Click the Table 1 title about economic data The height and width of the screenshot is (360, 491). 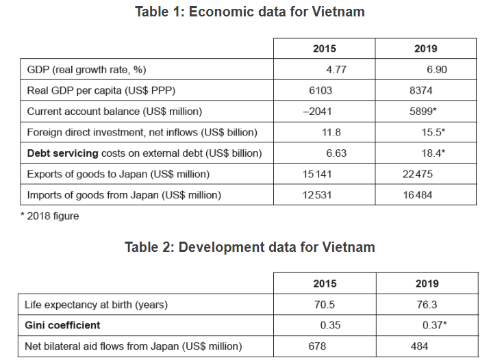click(250, 12)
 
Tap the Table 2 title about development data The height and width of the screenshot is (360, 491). click(250, 247)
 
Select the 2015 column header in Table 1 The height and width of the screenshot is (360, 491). click(325, 49)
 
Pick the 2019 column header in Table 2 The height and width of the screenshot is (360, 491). click(427, 283)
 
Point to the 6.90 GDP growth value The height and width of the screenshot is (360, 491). click(437, 70)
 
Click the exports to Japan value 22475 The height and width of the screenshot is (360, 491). click(418, 174)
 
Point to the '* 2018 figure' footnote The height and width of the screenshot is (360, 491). click(49, 216)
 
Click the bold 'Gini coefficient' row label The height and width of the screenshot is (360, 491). click(62, 325)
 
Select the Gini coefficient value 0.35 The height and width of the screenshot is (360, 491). click(331, 325)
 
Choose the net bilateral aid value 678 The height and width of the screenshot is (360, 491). click(318, 346)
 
